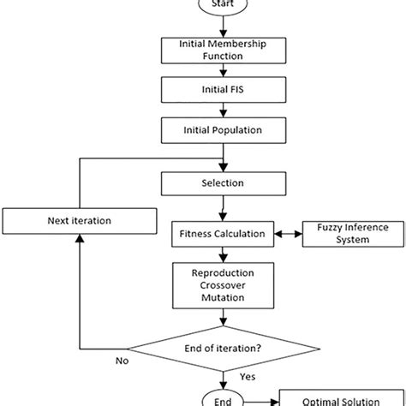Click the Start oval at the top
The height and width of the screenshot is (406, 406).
pos(223,5)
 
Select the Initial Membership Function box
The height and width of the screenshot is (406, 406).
pos(223,50)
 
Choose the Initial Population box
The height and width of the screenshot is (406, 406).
pos(223,131)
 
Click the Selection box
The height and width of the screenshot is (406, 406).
pos(223,182)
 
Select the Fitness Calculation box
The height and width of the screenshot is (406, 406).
pos(223,233)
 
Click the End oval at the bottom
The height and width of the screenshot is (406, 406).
pos(223,398)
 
